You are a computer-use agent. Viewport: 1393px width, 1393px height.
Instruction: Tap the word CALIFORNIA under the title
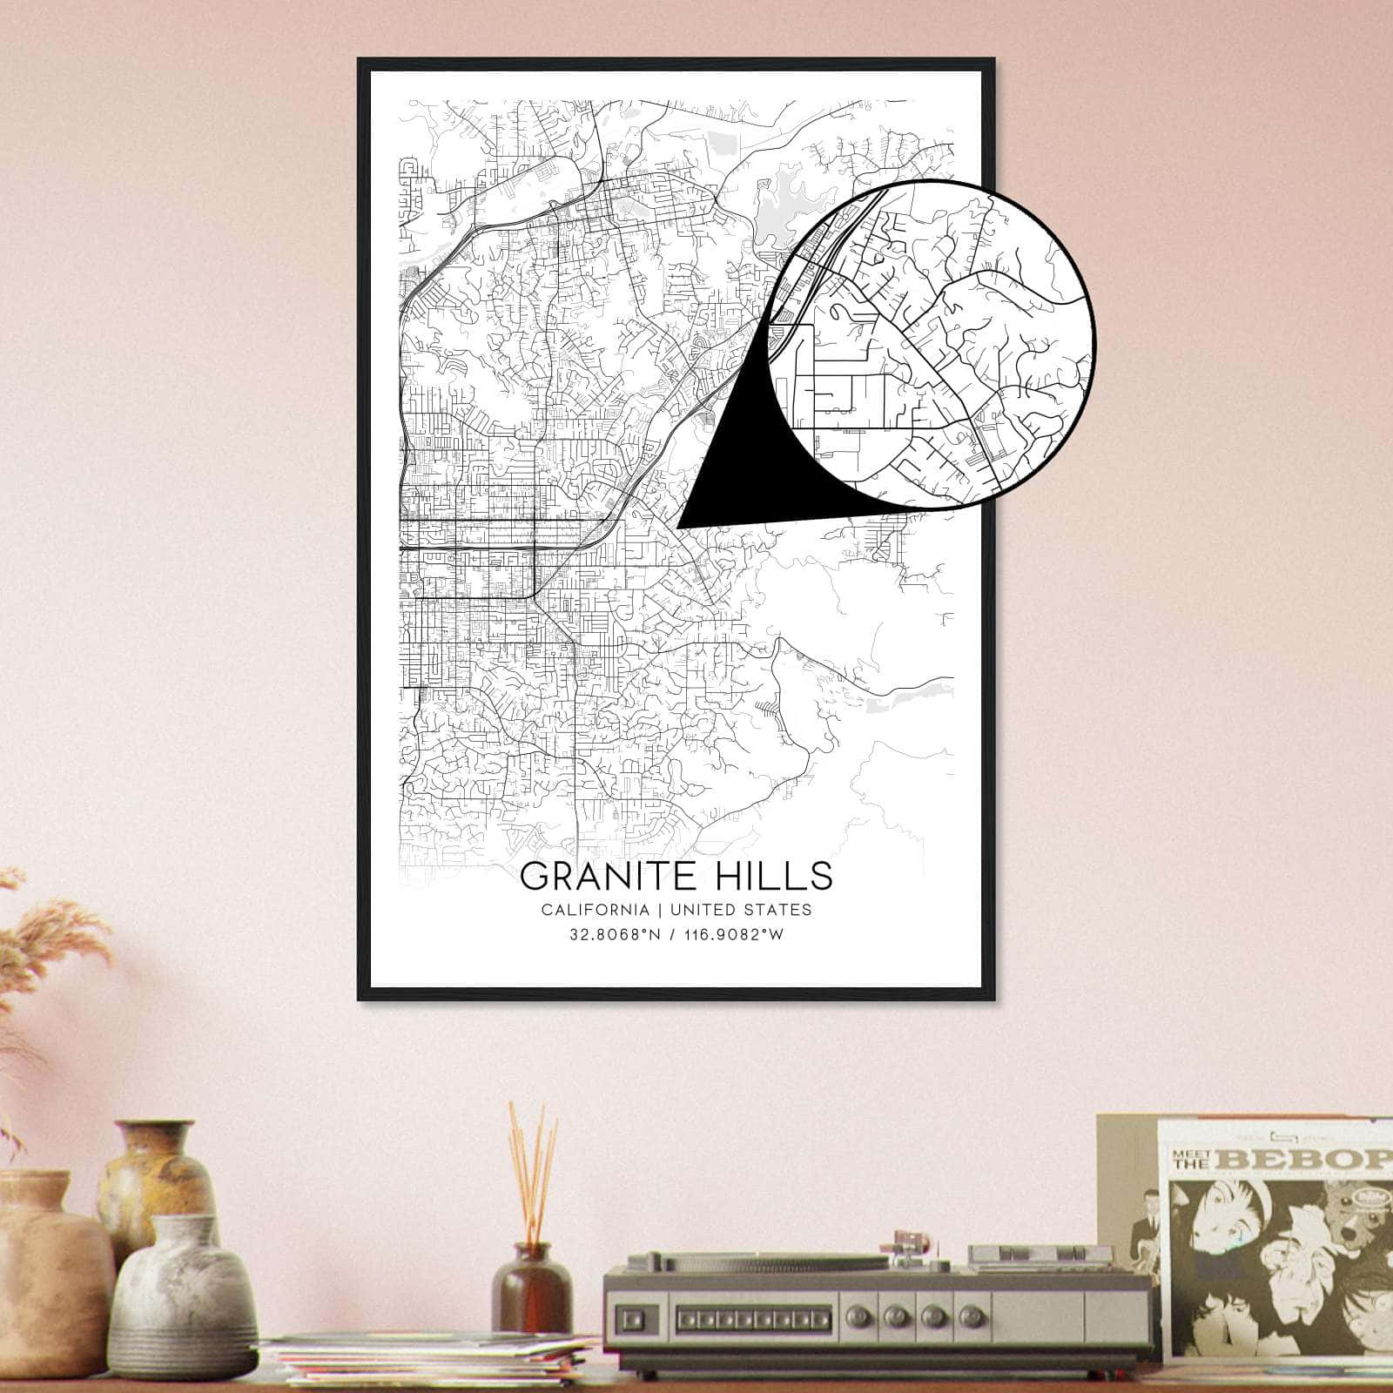tap(594, 910)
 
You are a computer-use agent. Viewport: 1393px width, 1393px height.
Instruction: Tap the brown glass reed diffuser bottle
tap(531, 1288)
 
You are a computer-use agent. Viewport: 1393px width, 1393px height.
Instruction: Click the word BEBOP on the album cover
tap(1315, 1160)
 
